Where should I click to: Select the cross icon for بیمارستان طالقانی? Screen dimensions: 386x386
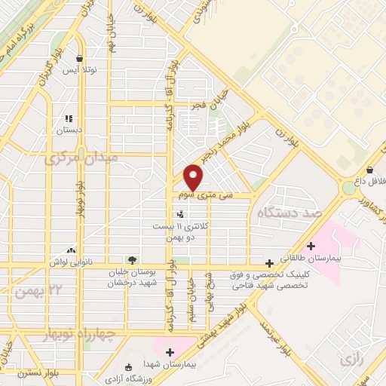click(x=311, y=246)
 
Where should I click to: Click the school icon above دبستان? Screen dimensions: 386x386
click(x=69, y=118)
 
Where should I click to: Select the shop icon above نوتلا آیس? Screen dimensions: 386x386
click(x=79, y=58)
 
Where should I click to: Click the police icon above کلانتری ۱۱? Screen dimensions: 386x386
click(x=179, y=214)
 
